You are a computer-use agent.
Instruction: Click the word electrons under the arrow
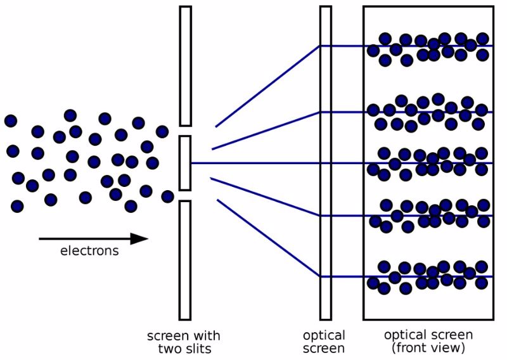pos(89,251)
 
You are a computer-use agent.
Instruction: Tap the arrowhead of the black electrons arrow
pos(139,239)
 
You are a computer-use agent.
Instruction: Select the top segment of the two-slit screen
pos(185,66)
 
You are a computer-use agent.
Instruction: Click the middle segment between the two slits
pos(185,163)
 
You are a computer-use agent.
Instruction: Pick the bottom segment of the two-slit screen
pos(185,260)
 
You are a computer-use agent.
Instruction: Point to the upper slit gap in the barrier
pos(185,131)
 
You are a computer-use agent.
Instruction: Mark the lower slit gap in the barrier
pos(185,196)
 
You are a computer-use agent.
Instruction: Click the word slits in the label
pos(197,349)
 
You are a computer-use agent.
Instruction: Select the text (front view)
pos(428,349)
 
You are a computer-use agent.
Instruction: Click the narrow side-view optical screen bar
pos(326,163)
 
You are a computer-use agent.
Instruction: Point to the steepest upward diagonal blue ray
pos(267,86)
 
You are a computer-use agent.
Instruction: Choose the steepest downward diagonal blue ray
pos(269,238)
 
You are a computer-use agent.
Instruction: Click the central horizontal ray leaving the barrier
pos(255,163)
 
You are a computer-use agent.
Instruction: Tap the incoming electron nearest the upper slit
pos(162,132)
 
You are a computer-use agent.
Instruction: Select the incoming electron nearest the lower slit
pos(167,196)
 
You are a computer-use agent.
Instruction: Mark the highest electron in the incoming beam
pos(70,115)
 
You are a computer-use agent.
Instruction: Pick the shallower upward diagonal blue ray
pos(266,131)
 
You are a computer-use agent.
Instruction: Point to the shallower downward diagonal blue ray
pos(266,196)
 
